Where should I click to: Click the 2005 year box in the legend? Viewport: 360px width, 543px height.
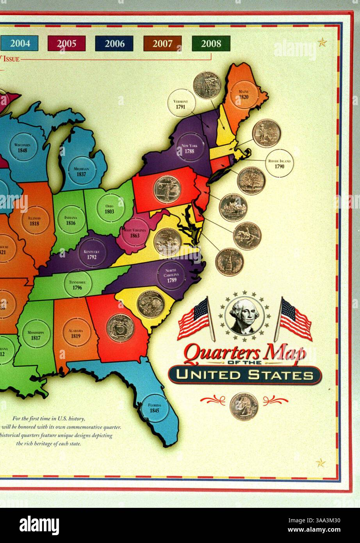[66, 43]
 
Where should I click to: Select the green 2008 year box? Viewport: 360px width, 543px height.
[211, 43]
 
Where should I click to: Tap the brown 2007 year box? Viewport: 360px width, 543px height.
[162, 43]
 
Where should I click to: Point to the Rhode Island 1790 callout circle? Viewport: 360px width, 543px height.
[279, 163]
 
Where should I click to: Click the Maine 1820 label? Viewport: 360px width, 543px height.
[244, 94]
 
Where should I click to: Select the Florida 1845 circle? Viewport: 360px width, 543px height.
[155, 408]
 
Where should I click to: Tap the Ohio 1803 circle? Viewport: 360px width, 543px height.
[109, 209]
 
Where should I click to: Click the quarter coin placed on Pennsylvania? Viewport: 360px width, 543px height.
[167, 189]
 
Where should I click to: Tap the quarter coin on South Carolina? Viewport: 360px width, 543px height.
[151, 304]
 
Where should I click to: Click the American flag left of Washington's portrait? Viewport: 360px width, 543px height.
[194, 319]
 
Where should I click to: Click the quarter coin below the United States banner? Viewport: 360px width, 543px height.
[244, 406]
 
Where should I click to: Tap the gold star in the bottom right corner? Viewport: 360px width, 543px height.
[321, 463]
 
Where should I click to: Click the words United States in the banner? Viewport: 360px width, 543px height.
[245, 375]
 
